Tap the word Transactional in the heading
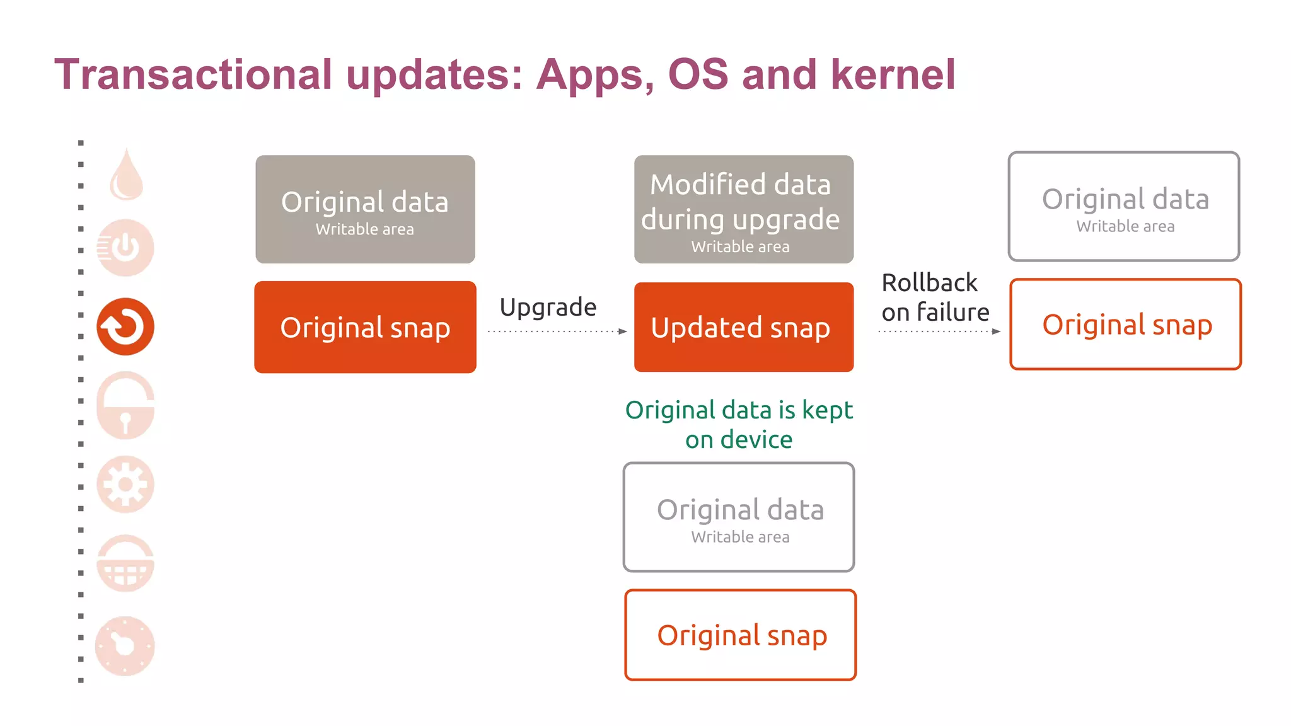[193, 74]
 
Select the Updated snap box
[743, 327]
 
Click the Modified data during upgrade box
[743, 209]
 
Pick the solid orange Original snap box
[365, 327]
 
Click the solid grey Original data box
[365, 209]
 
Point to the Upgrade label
[548, 307]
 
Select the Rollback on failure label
[935, 297]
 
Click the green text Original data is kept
[739, 410]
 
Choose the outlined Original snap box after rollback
[1125, 325]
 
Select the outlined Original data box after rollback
[1124, 207]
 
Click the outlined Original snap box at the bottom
[741, 635]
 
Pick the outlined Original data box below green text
[739, 517]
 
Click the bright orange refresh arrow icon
[125, 326]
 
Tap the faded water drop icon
[127, 176]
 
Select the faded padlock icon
[125, 406]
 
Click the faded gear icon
[125, 484]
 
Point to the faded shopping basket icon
[125, 563]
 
